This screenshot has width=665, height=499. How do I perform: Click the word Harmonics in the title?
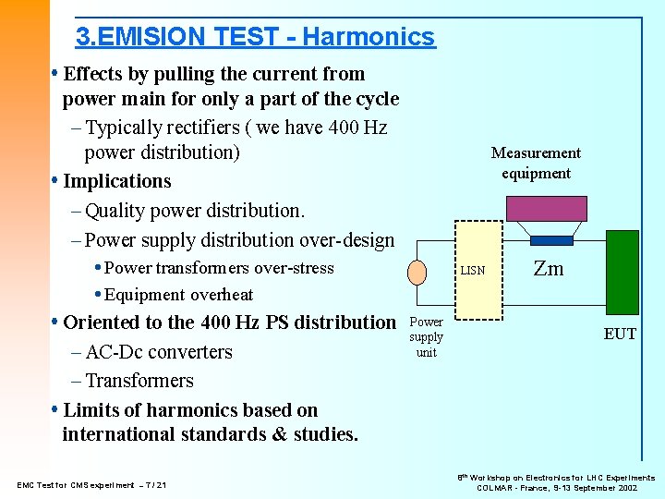pos(368,37)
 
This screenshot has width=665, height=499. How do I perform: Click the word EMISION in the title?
pos(153,37)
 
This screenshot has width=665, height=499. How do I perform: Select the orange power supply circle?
pos(419,271)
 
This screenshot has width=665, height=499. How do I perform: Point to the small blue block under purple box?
pos(551,239)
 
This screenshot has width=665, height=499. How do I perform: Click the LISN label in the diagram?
pos(472,272)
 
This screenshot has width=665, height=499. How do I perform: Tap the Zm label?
pos(549,269)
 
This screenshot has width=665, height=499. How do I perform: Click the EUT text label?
pos(620,334)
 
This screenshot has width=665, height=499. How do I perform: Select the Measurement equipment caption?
pos(536,163)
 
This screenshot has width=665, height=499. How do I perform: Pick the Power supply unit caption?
pos(426,337)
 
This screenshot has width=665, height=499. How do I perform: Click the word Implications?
pos(117,181)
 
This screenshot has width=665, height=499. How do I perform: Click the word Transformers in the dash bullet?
pos(139,381)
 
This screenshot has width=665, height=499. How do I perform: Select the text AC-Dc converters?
pos(158,352)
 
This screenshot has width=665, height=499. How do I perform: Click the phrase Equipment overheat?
pos(178,295)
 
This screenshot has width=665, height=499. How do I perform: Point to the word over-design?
pos(349,240)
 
